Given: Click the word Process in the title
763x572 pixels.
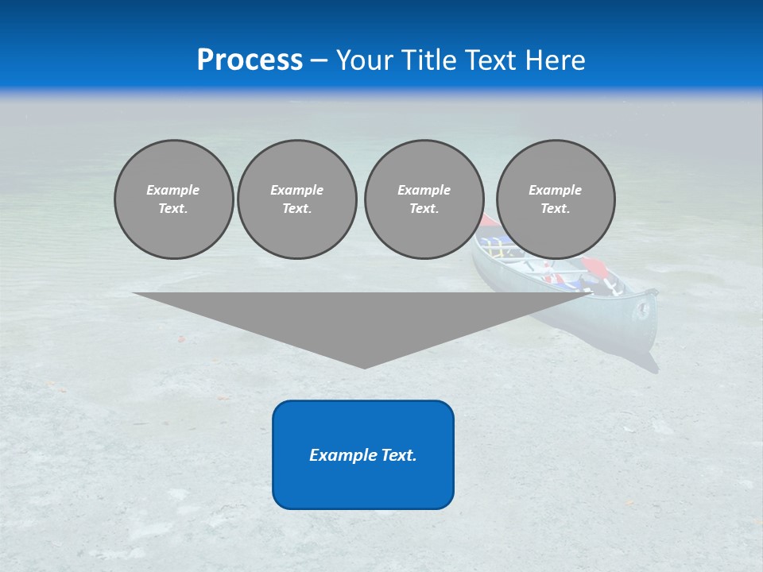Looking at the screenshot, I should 250,60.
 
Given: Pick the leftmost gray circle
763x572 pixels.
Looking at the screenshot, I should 173,199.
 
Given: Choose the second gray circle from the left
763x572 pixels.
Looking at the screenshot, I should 296,199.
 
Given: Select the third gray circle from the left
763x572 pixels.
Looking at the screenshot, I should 424,199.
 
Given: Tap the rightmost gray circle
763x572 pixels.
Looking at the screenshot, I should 555,199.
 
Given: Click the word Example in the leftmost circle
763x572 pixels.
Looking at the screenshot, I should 173,190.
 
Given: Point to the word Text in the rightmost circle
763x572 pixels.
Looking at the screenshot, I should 554,208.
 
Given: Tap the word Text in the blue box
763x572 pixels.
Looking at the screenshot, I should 397,455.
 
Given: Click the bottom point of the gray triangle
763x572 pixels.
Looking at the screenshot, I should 365,366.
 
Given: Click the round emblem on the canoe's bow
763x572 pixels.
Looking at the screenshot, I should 641,311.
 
